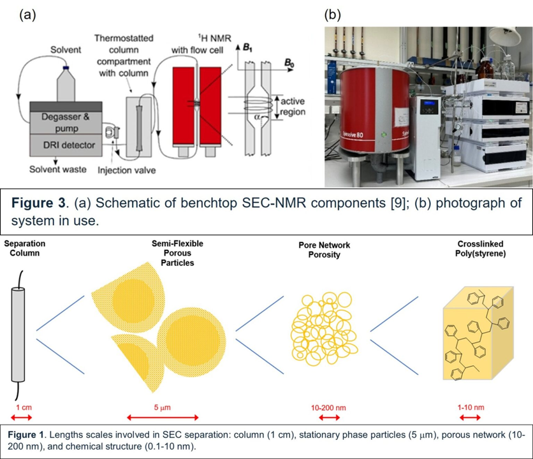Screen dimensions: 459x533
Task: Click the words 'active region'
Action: pyautogui.click(x=291, y=106)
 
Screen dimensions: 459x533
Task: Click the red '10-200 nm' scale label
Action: pyautogui.click(x=329, y=406)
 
